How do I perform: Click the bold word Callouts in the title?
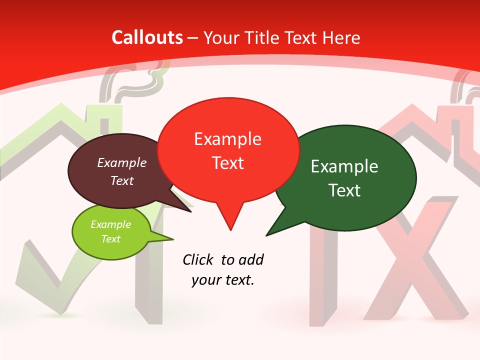click(x=147, y=37)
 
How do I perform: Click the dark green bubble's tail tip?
click(x=267, y=234)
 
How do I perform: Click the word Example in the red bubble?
click(x=227, y=139)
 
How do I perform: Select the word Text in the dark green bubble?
click(x=344, y=190)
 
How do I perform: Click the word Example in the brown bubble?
click(x=122, y=162)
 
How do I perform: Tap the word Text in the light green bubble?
click(x=110, y=239)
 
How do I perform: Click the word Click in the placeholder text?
click(x=198, y=259)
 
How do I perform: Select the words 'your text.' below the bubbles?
click(x=223, y=280)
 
